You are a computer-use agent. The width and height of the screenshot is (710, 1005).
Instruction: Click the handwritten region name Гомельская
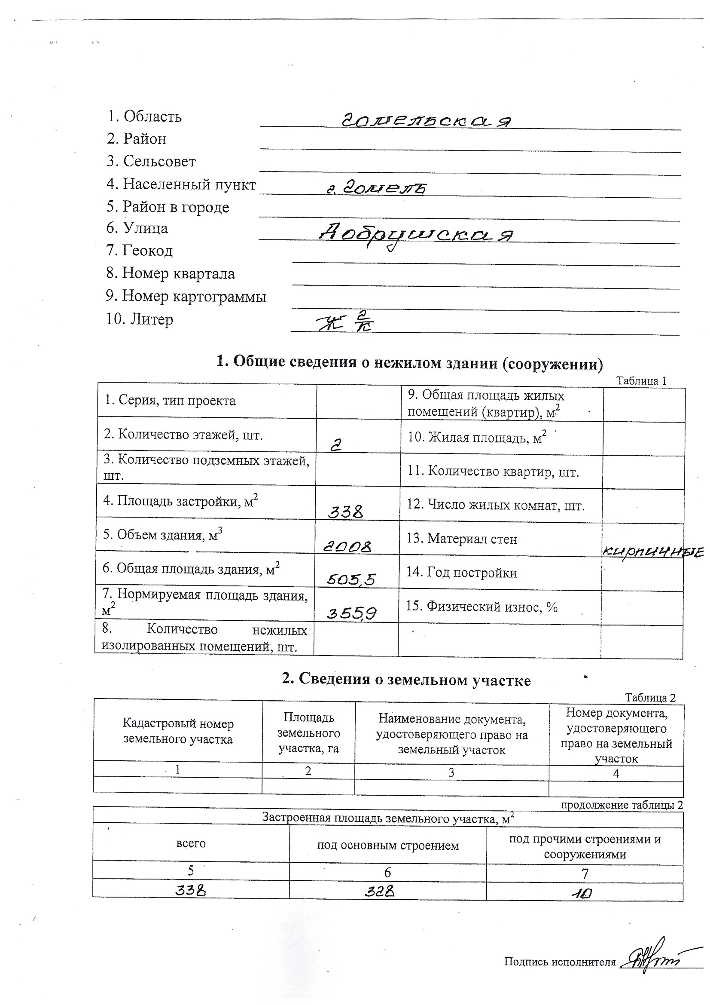[426, 120]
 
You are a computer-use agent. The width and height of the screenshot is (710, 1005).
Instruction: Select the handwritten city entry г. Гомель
[377, 188]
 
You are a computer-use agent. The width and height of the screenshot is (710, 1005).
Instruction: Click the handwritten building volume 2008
[348, 546]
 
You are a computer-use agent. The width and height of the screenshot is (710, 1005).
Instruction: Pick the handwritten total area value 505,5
[351, 580]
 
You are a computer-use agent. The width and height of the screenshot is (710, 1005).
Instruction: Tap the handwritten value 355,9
[351, 614]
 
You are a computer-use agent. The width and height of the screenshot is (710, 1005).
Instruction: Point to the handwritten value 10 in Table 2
[582, 893]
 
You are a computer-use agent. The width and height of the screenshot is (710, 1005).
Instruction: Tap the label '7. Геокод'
[140, 250]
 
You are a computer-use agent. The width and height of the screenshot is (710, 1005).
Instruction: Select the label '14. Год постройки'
[462, 573]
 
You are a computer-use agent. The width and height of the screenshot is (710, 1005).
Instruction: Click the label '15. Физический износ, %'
[481, 606]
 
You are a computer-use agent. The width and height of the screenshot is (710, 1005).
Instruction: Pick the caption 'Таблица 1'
[641, 381]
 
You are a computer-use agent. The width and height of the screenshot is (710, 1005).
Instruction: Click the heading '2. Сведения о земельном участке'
[406, 679]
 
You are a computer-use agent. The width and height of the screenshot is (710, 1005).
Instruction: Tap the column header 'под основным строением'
[387, 846]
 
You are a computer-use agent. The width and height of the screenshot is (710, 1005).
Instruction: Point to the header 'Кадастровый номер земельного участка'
[178, 732]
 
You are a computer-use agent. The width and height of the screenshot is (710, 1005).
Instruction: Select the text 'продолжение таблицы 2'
[622, 806]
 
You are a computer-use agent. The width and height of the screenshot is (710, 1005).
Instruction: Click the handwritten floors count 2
[335, 446]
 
